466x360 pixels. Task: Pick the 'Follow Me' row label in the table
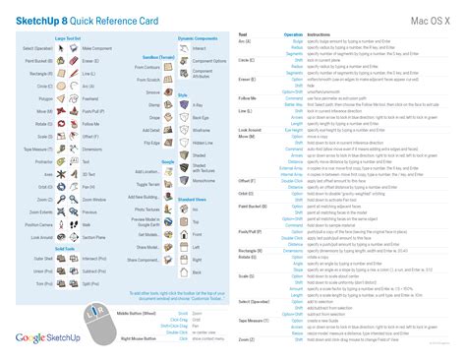[x=249, y=97]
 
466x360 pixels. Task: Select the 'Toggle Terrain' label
[x=148, y=183]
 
